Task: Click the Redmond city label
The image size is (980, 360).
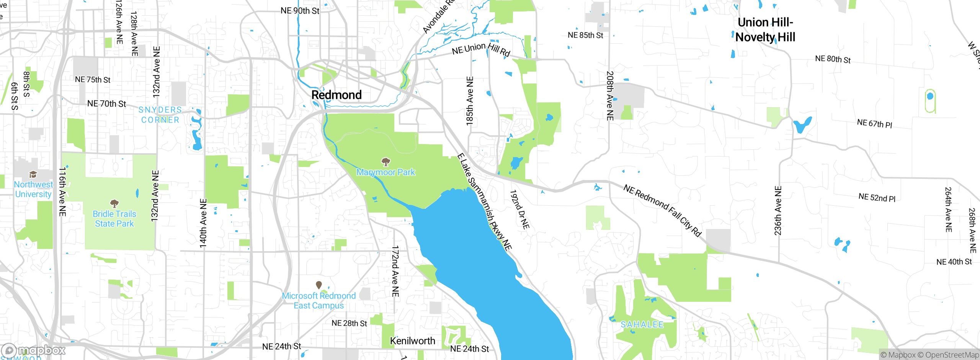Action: [336, 95]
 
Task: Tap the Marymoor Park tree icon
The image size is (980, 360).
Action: [386, 162]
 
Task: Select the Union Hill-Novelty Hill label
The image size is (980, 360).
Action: [765, 30]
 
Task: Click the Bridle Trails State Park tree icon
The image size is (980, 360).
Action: [114, 203]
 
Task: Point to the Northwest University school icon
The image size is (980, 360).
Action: [33, 175]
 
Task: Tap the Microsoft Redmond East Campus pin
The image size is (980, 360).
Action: [318, 285]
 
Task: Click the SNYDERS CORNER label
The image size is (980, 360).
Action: [160, 115]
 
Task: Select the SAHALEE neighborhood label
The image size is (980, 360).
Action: [642, 325]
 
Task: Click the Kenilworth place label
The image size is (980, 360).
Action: [412, 341]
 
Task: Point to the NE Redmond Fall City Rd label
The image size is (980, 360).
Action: [662, 211]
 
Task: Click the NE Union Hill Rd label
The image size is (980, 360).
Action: [481, 49]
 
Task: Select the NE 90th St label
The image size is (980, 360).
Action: [300, 11]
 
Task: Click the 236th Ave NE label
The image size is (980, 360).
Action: [778, 211]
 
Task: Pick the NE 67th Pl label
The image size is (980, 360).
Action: [874, 124]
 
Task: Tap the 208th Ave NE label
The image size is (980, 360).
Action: [610, 96]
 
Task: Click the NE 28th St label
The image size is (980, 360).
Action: [349, 323]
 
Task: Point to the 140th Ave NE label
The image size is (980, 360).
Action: [203, 223]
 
